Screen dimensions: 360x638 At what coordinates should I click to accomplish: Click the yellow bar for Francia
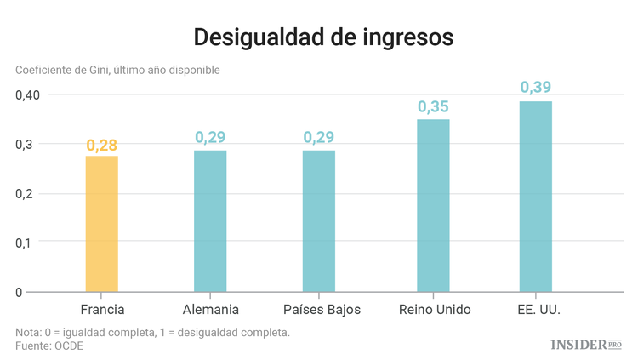(102, 224)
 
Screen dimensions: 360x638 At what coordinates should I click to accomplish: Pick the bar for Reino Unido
(433, 206)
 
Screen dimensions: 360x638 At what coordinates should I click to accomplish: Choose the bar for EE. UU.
(536, 197)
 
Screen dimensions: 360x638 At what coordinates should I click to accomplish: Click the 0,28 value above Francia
(102, 145)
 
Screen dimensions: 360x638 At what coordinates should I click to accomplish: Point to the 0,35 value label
(433, 107)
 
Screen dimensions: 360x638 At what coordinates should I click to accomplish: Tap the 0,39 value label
(536, 88)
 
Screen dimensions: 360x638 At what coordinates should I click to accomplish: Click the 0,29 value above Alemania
(210, 137)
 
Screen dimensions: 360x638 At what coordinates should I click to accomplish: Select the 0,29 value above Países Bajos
(319, 137)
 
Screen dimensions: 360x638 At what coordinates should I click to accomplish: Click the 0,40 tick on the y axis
(28, 94)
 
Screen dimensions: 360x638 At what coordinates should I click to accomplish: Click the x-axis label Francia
(102, 309)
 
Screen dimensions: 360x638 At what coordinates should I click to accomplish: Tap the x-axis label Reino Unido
(434, 309)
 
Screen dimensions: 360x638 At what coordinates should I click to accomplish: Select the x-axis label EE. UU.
(538, 309)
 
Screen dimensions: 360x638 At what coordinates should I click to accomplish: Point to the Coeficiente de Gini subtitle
(117, 70)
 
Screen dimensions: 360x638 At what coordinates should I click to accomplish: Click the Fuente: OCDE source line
(49, 346)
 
